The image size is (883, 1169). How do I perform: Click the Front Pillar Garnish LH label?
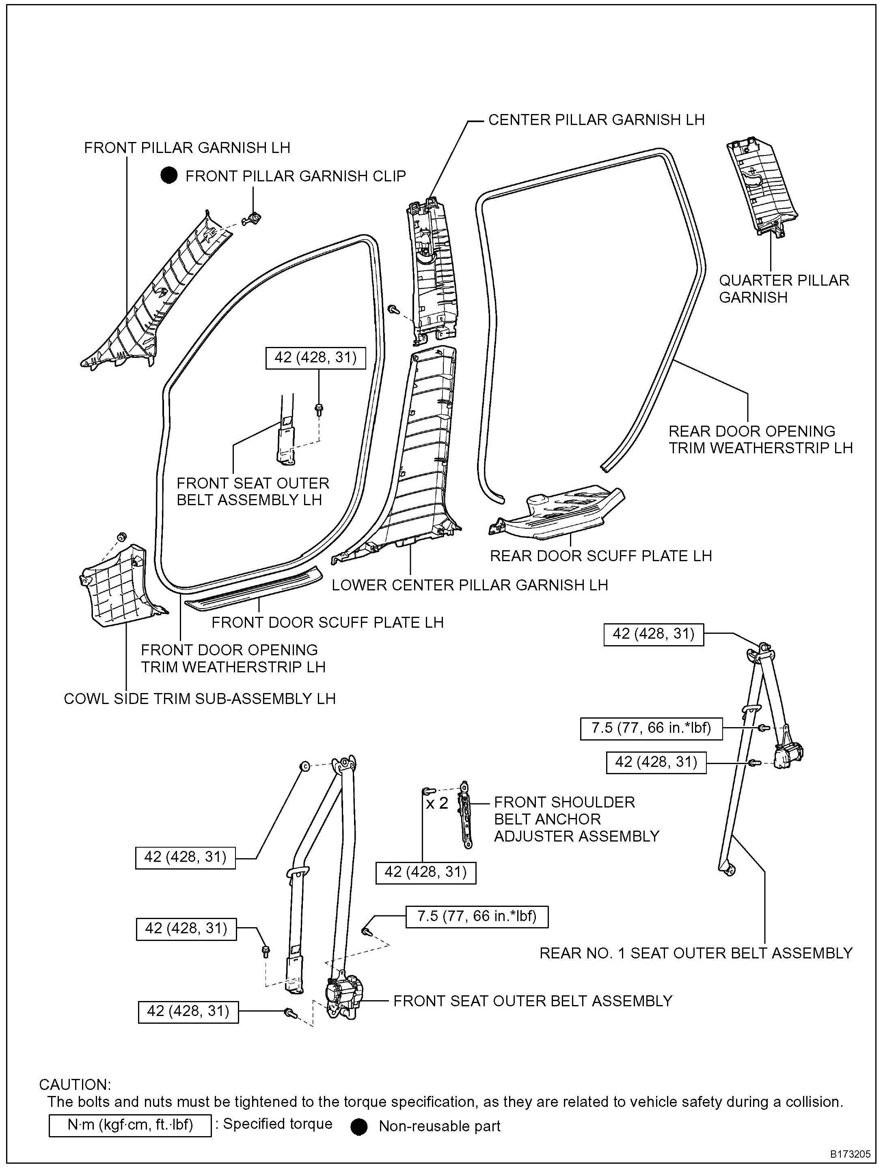[187, 147]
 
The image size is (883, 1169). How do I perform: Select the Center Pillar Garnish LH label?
[596, 120]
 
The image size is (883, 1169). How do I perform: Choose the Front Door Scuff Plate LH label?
[327, 622]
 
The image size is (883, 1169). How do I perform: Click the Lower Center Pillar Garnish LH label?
[470, 585]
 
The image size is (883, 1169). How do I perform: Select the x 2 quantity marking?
[437, 804]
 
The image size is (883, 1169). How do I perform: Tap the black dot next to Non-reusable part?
[359, 1127]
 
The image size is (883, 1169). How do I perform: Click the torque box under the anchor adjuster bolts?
[425, 872]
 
